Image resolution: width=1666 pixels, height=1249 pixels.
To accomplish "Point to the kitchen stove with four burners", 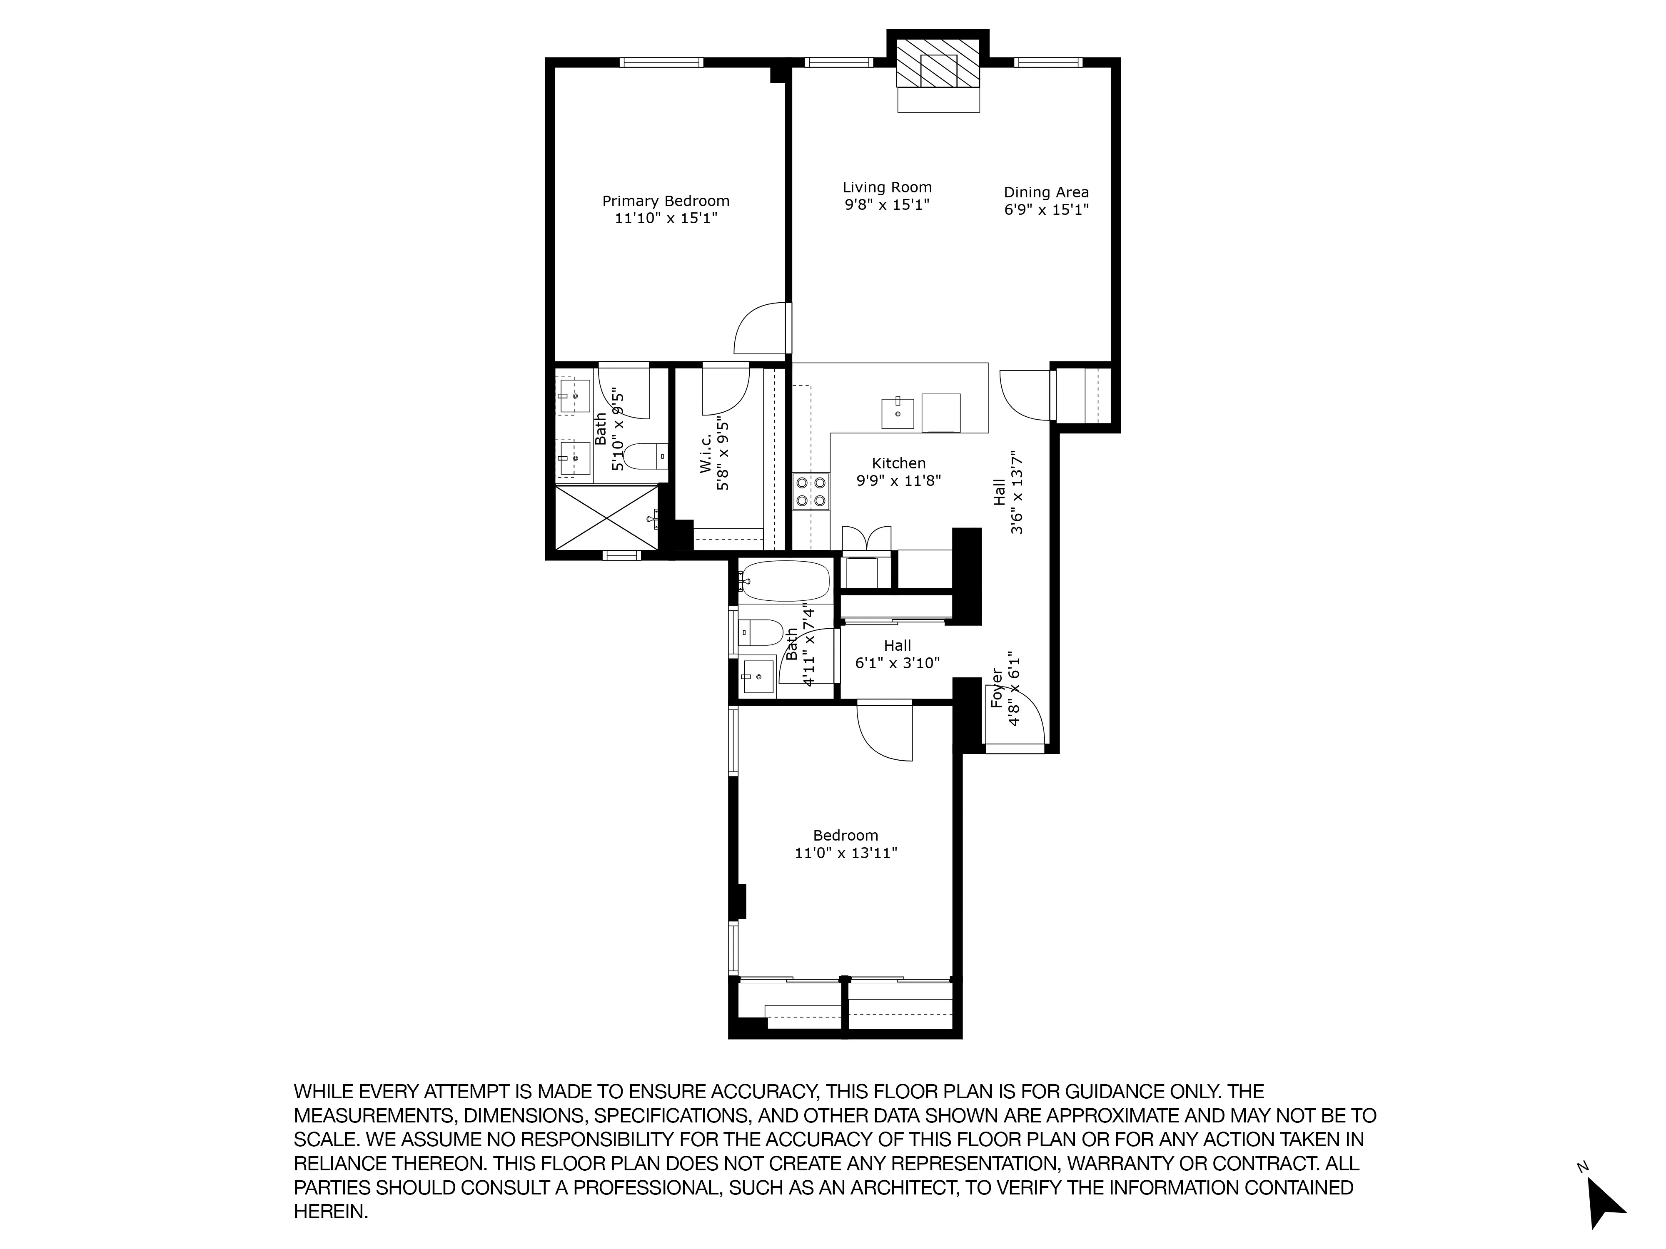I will [811, 492].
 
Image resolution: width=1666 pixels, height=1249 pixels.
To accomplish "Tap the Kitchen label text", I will [898, 463].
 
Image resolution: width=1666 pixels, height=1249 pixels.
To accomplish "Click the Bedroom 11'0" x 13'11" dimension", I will [846, 853].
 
